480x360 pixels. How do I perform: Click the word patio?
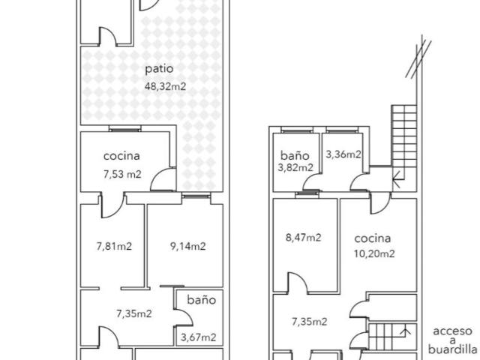coord(159,69)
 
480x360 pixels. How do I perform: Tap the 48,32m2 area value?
coord(165,87)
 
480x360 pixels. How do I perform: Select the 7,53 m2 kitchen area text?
coord(122,175)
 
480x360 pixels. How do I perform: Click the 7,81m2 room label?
coord(114,246)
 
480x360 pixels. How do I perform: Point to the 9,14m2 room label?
coord(188,246)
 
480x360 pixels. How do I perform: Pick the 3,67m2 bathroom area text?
coord(198,337)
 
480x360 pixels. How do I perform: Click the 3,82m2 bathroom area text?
coord(295,167)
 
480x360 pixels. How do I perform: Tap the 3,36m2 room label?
coord(343,154)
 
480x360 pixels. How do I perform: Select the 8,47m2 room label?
coord(303,237)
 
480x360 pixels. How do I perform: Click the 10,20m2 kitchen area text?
coord(374,253)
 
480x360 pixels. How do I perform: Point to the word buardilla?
coord(452,349)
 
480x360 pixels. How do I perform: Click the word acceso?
coord(452,331)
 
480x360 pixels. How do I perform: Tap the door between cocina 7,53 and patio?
coord(163,180)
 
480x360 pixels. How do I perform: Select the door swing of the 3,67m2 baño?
coord(183,317)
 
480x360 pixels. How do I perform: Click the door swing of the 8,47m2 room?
coord(298,282)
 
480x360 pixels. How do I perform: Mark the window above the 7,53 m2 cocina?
coord(125,129)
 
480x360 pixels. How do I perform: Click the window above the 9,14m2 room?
coord(196,196)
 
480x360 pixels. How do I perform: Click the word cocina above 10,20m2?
coord(373,238)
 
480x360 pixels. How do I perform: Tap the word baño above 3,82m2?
coord(295,155)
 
